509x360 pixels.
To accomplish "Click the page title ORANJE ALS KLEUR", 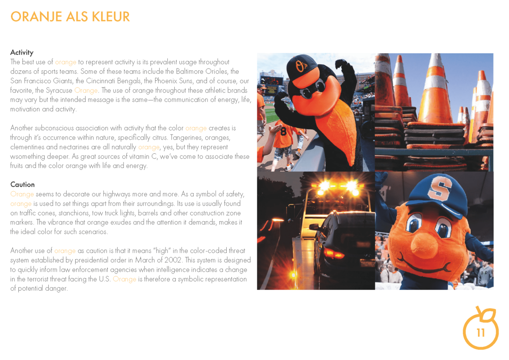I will coord(70,17).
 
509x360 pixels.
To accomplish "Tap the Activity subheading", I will coord(22,52).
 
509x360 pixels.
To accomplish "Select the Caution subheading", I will coord(22,184).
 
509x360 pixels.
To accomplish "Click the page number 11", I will coord(481,333).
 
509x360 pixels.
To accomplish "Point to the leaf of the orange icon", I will coord(489,314).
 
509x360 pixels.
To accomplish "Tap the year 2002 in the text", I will coord(189,260).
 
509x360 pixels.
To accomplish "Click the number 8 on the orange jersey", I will coord(283,131).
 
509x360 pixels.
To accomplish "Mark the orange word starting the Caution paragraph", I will coord(22,194).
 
